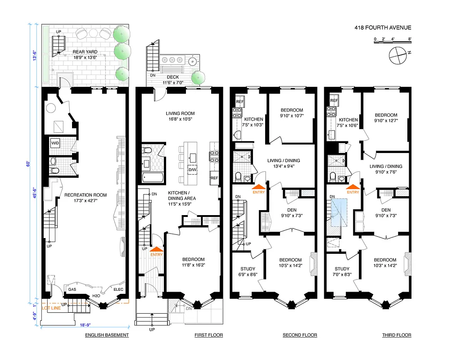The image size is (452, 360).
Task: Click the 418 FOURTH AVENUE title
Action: tap(383, 28)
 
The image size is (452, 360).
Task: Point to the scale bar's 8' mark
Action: tap(409, 39)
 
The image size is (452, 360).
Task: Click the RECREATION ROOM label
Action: tap(86, 195)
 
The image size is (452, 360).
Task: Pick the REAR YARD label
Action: tap(85, 52)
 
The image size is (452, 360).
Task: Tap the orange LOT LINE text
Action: tap(51, 308)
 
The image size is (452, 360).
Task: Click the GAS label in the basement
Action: tap(72, 289)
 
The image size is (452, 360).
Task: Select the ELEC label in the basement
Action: tap(118, 289)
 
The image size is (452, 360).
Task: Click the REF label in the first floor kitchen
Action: tap(214, 178)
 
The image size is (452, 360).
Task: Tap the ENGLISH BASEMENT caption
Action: tap(107, 335)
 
